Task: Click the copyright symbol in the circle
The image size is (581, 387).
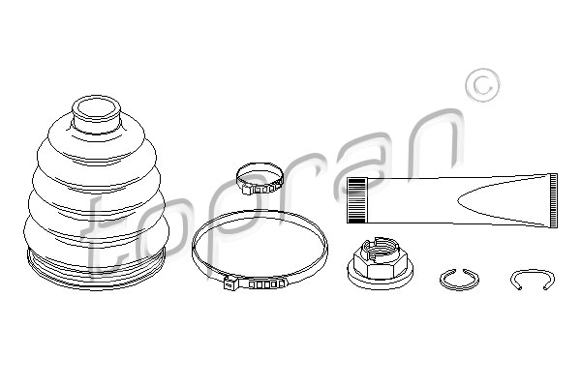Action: click(482, 85)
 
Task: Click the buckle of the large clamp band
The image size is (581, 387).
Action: click(256, 284)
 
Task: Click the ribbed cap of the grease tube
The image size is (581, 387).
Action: click(356, 200)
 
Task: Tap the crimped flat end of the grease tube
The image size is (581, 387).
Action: click(554, 200)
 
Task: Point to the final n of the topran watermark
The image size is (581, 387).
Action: click(436, 138)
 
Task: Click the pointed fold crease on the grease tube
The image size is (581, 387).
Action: click(459, 200)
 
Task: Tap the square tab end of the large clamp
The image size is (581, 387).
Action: click(230, 284)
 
